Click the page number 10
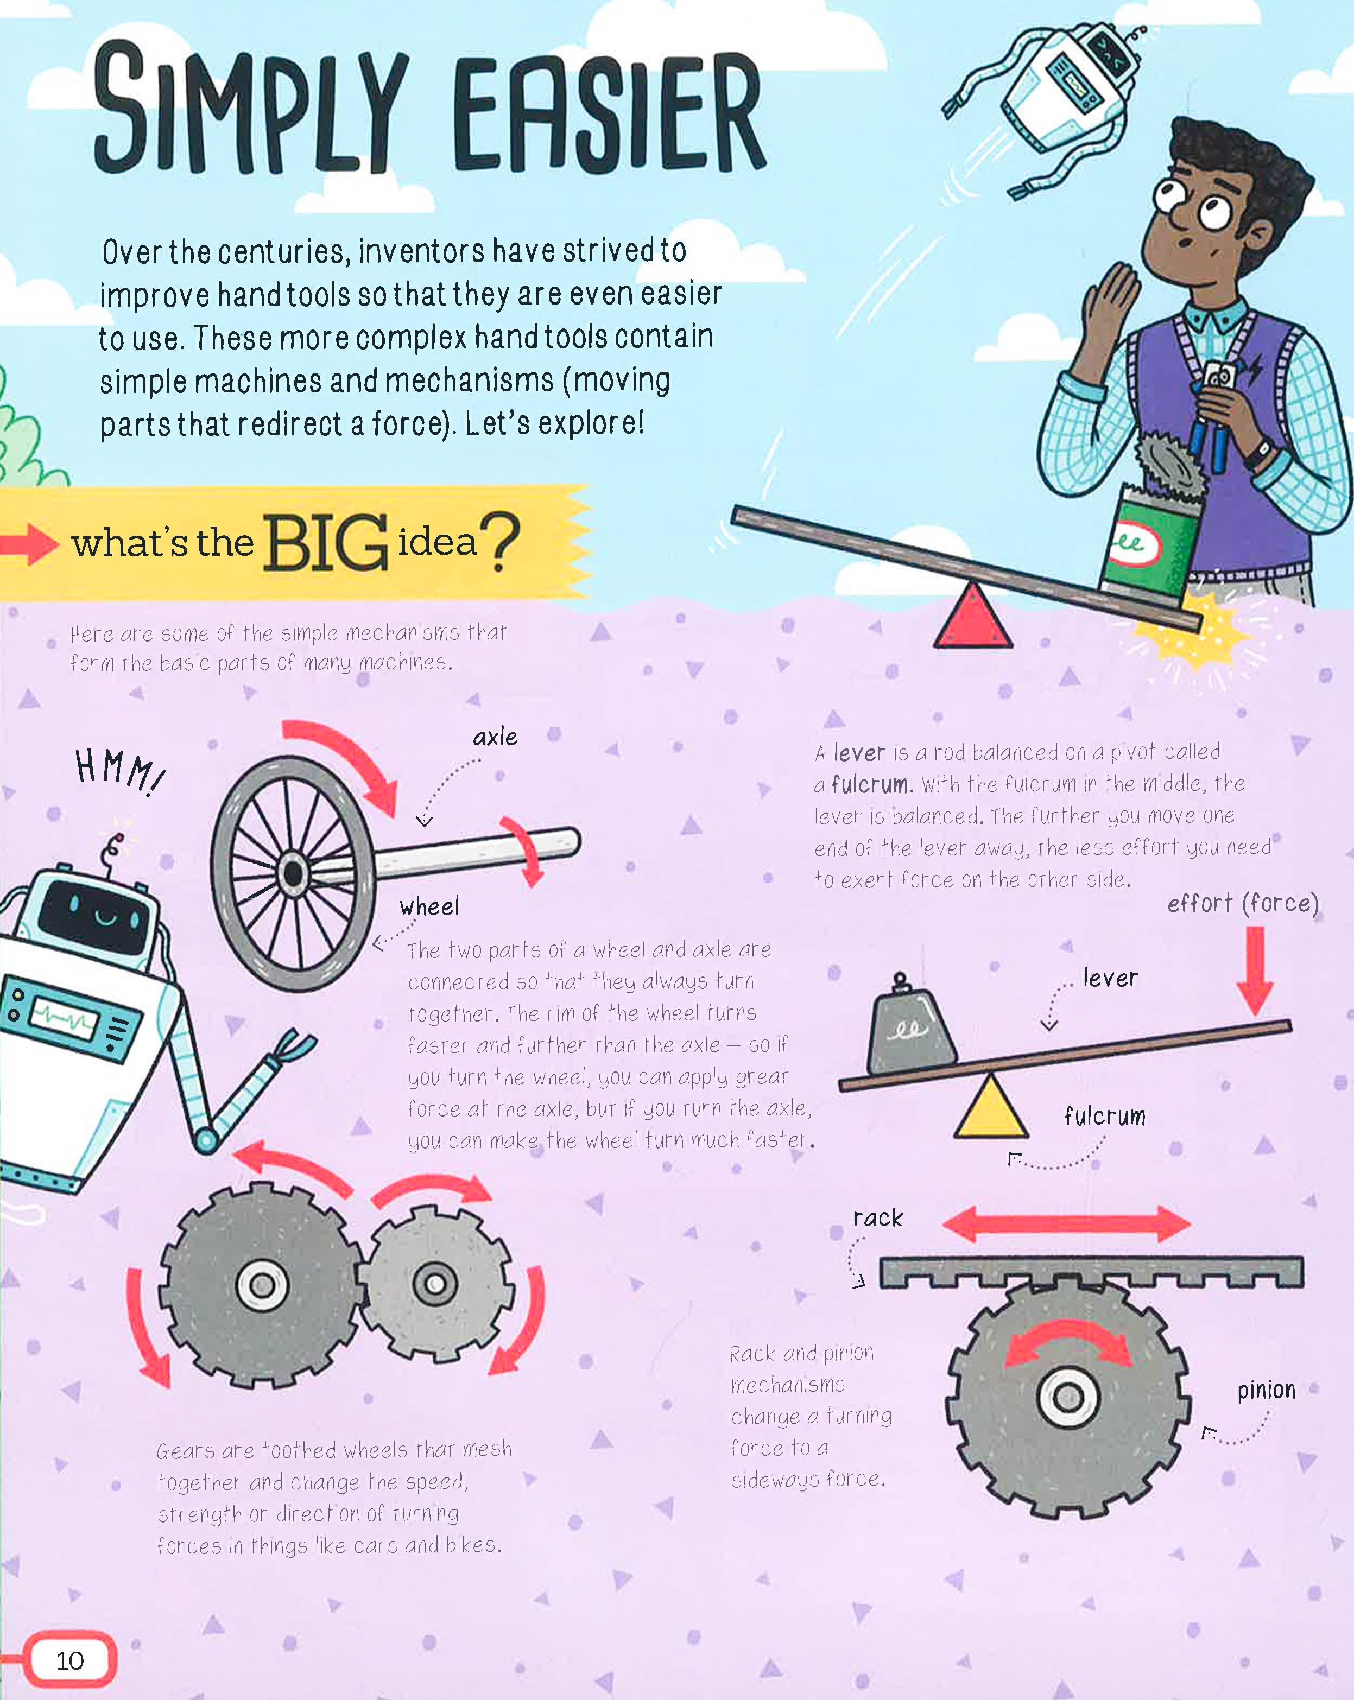pos(70,1660)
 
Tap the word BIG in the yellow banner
pos(326,543)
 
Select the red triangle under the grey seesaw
pos(972,617)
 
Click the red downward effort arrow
pos(1255,970)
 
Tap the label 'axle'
pos(495,737)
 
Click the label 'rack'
pos(878,1218)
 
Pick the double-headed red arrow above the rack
pos(1066,1225)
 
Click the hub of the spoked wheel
pos(293,873)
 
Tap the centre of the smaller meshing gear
pos(434,1284)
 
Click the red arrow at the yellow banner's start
pos(29,543)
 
